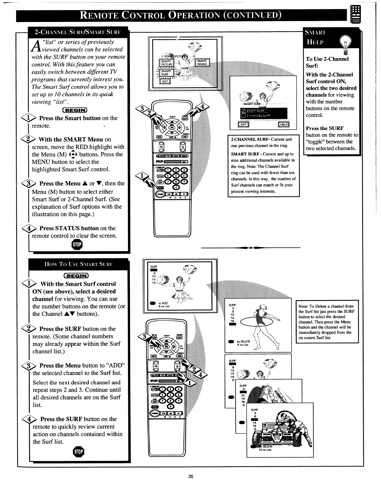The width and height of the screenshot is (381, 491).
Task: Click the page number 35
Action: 190,477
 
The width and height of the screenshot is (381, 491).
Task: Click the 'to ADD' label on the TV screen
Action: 163,303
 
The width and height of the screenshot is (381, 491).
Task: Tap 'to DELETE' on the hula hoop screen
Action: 243,341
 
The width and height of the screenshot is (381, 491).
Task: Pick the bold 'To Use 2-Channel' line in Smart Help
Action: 327,59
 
